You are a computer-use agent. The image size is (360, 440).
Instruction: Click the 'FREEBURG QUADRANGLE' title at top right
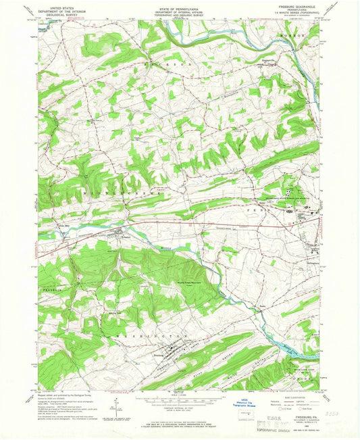point(292,7)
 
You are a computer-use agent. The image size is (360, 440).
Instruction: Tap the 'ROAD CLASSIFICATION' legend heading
point(294,396)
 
